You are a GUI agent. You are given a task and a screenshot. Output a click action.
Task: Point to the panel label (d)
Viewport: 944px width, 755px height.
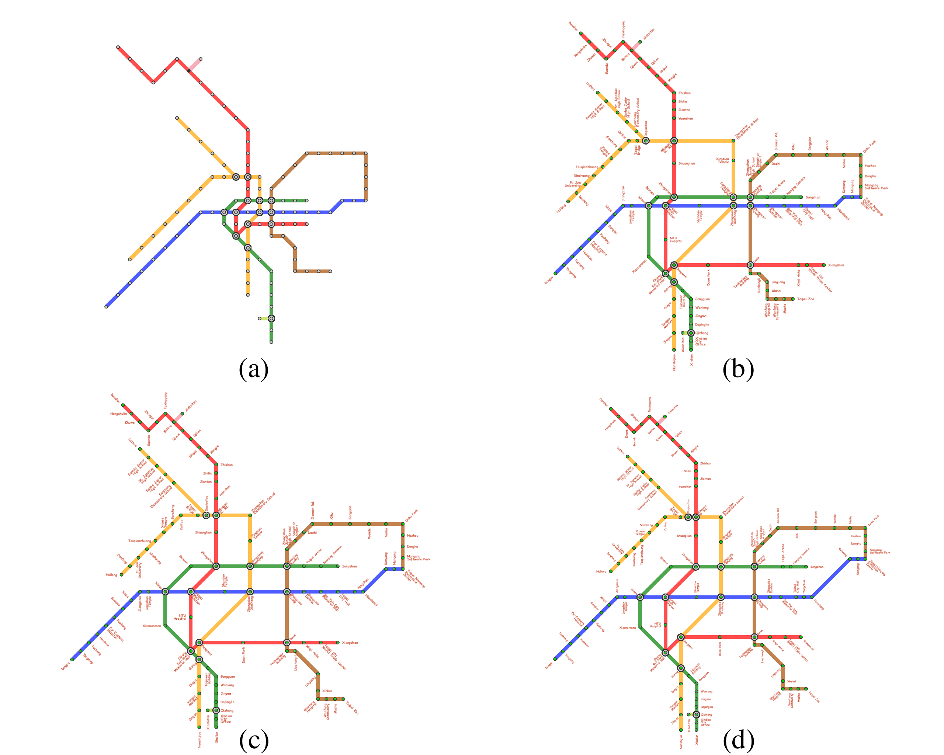coord(738,740)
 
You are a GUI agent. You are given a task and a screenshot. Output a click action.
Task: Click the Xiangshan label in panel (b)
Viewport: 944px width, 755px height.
coord(836,265)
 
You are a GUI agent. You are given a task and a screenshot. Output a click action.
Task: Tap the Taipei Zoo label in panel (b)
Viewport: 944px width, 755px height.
coord(806,299)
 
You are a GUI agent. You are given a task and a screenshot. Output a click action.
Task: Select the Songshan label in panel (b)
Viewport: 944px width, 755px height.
coord(813,197)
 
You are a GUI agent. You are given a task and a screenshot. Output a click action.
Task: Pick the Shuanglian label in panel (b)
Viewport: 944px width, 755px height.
coord(687,163)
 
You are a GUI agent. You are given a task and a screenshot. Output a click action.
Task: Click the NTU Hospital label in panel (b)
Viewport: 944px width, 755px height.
coord(676,240)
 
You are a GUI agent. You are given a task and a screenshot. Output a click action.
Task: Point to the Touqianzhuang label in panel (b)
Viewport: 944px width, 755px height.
coord(587,167)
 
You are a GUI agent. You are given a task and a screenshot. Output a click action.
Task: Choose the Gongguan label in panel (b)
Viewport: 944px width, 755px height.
coord(702,299)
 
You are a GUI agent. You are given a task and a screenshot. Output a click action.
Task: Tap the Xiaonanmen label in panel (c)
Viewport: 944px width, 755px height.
coord(152,626)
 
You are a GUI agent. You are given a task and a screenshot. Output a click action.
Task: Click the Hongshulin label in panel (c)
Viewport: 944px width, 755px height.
coord(118,414)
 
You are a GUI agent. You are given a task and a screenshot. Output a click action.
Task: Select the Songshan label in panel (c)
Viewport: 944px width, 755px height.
coord(350,566)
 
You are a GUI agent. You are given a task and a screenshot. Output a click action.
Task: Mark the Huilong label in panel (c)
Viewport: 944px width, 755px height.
coord(112,575)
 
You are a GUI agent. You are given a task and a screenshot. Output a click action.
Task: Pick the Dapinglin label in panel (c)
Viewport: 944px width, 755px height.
coord(227,702)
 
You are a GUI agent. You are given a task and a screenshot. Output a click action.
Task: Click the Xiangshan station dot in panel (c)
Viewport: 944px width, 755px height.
coord(337,643)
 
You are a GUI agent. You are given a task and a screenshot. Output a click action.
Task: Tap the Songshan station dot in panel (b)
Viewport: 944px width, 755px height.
coord(802,197)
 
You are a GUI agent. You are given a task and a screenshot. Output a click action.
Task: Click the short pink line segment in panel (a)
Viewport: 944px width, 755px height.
coord(195,65)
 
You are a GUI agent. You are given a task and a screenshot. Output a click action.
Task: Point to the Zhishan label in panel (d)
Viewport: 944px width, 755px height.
coord(705,463)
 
